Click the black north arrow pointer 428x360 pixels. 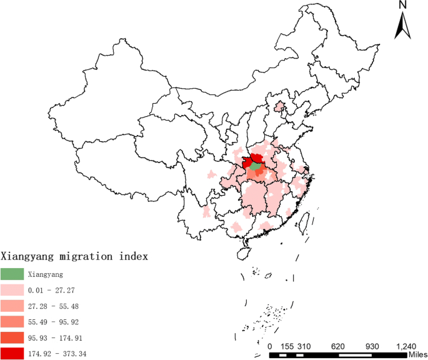[403, 26]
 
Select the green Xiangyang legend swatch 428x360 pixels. [12, 274]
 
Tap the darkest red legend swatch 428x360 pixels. [12, 354]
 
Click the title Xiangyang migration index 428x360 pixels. [74, 257]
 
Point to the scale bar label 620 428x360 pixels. [338, 346]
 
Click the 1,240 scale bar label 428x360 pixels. [406, 346]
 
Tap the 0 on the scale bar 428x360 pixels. [270, 346]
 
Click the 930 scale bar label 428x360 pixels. [372, 346]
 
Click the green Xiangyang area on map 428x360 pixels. [254, 166]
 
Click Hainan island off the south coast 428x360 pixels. [243, 253]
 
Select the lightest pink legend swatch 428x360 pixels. [12, 290]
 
